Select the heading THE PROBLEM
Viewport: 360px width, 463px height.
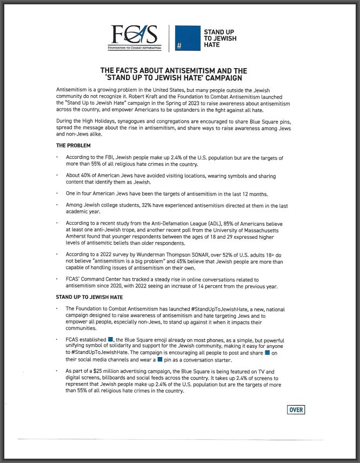click(74, 146)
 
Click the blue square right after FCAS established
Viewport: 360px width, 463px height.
click(111, 339)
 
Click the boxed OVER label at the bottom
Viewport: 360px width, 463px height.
click(296, 410)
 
